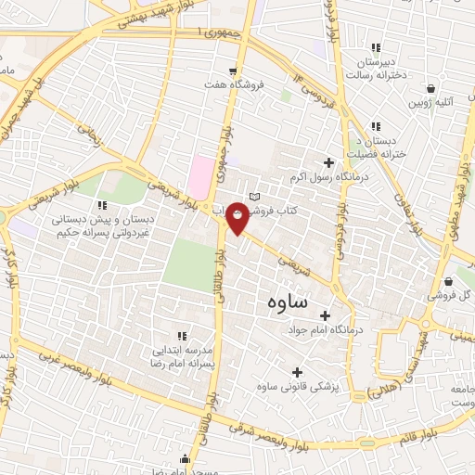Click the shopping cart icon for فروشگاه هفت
point(234,70)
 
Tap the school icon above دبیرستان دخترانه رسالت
point(376,48)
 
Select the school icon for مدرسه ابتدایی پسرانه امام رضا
point(182,336)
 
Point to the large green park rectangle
point(189,253)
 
